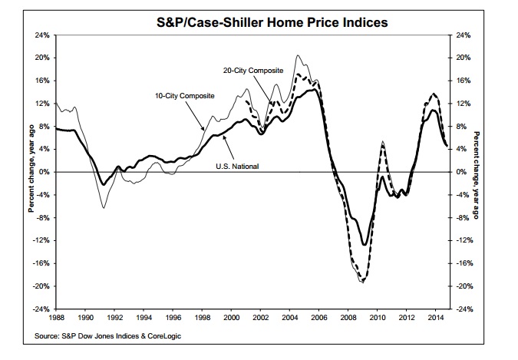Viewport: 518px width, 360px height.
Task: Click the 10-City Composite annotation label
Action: [x=183, y=95]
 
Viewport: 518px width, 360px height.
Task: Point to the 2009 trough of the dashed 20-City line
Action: [x=363, y=282]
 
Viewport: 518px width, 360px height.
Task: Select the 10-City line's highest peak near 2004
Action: [x=298, y=55]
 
